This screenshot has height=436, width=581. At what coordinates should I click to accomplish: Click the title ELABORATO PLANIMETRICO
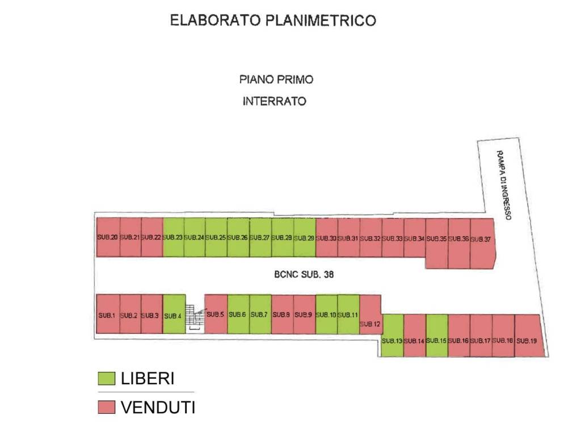(273, 21)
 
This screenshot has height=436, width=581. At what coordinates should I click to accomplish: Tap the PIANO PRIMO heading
(276, 79)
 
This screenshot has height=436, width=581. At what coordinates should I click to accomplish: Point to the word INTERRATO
(275, 102)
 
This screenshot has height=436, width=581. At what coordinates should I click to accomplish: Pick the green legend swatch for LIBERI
(106, 379)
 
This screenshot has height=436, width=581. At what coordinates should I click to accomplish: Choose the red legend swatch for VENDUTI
(106, 407)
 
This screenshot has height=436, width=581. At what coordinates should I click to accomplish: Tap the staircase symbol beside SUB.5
(195, 317)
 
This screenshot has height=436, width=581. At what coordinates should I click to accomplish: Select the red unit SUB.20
(108, 237)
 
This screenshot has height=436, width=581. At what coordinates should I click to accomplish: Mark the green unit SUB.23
(174, 237)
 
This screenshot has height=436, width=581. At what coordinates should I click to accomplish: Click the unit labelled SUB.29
(305, 237)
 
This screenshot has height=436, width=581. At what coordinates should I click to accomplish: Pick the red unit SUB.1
(108, 314)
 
